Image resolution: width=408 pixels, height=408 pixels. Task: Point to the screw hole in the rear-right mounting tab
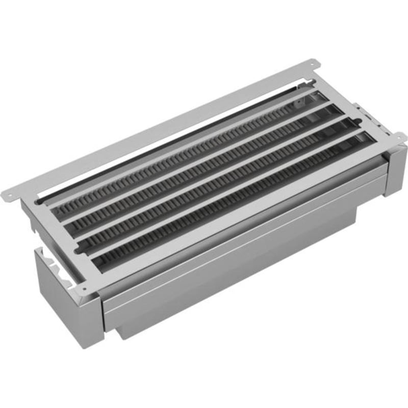pos(312,64)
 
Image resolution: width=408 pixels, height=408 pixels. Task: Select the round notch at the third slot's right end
pos(359,121)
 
